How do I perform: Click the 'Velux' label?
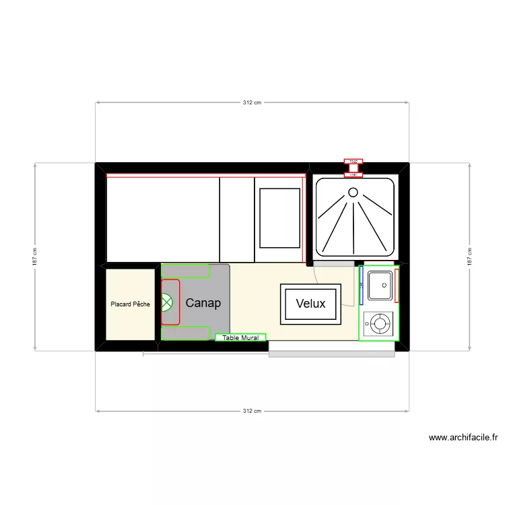(310, 304)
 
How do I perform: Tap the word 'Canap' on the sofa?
(203, 303)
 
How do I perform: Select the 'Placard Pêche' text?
(131, 304)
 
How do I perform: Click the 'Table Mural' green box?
(240, 337)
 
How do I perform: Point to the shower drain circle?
(353, 193)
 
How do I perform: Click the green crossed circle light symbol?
(167, 304)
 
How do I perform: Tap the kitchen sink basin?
(379, 285)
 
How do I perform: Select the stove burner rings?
(380, 325)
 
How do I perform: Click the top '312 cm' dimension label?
(252, 102)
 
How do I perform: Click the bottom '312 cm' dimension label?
(252, 410)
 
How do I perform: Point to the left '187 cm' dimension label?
(35, 257)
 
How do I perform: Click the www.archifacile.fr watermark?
(463, 438)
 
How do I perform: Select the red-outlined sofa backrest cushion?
(170, 302)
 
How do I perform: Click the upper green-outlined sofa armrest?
(185, 271)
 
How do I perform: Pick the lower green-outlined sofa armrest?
(185, 333)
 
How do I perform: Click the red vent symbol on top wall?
(353, 162)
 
